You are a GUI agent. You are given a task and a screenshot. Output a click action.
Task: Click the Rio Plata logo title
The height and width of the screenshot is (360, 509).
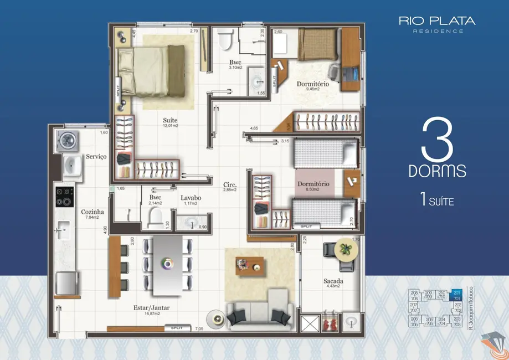coord(436,21)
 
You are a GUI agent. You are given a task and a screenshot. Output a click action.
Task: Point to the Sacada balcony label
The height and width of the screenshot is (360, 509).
coord(333,281)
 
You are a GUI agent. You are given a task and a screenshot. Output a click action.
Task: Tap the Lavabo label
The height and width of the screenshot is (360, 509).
coord(191,198)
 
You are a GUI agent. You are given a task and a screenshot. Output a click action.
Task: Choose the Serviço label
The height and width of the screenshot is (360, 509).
coord(96,157)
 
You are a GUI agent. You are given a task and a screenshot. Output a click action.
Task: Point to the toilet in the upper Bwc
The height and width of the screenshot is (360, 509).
coord(224,40)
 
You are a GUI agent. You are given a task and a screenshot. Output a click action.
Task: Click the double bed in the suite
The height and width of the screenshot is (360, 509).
coord(151,70)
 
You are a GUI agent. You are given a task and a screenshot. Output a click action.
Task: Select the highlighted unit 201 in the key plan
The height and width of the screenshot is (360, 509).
coord(456,294)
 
